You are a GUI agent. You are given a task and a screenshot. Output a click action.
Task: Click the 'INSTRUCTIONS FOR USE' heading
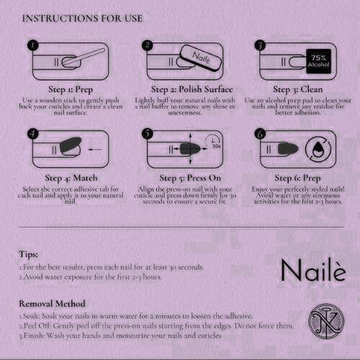coord(83,19)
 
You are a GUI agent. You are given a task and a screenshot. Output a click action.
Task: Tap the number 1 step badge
coord(33,45)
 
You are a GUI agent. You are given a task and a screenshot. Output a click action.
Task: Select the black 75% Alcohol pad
coord(319,61)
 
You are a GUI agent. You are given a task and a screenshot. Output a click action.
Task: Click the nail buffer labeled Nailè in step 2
coord(200,58)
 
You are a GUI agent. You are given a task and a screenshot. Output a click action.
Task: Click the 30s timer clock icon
coord(213,141)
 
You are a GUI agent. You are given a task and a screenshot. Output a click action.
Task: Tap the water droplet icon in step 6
coord(318,149)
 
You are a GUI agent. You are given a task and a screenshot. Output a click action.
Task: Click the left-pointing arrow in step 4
coord(95,149)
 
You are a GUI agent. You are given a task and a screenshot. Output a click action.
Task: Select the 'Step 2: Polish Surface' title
coord(192,89)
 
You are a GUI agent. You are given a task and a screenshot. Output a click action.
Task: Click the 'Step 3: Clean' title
coord(297,89)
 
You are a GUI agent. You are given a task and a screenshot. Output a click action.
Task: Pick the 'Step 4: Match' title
coord(71,178)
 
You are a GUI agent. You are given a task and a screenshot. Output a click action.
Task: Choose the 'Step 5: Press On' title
coord(190,178)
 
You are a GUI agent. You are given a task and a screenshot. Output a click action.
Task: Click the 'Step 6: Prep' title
coord(297,178)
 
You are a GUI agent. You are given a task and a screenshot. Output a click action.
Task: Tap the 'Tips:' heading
coord(29,254)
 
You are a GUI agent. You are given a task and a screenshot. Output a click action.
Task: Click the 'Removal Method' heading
coord(52,304)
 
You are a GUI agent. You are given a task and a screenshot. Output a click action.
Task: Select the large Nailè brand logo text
coord(313,269)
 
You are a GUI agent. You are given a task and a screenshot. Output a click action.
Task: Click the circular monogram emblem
coord(326,321)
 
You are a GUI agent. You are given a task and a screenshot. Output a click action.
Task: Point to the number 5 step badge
coord(148,133)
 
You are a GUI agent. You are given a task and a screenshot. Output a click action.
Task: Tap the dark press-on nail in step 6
coord(288,148)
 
